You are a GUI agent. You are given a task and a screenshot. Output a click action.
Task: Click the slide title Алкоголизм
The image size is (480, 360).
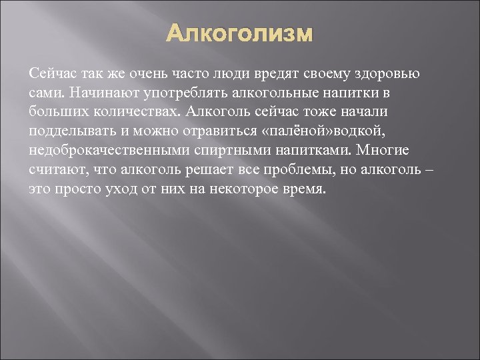click(239, 33)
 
